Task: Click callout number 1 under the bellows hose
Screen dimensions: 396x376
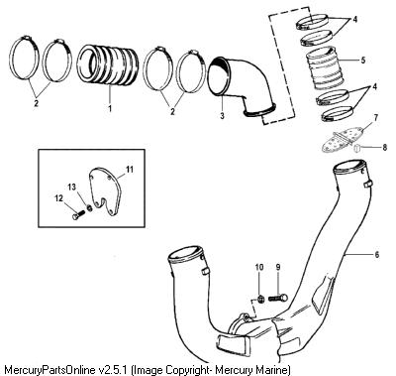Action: pyautogui.click(x=110, y=108)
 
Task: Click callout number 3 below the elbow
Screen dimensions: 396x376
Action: pyautogui.click(x=222, y=115)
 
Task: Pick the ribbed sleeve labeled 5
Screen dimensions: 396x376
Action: pyautogui.click(x=323, y=68)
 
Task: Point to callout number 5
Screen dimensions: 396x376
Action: pyautogui.click(x=363, y=61)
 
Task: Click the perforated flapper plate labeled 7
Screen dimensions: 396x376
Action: pyautogui.click(x=341, y=140)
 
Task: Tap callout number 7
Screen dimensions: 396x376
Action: pyautogui.click(x=376, y=118)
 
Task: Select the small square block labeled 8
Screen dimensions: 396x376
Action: pyautogui.click(x=358, y=148)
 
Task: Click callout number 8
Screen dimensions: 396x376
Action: pyautogui.click(x=385, y=147)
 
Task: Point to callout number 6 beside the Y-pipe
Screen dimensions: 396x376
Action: pyautogui.click(x=376, y=255)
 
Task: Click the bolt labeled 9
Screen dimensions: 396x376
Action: pyautogui.click(x=278, y=298)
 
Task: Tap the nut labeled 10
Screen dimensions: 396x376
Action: pyautogui.click(x=260, y=299)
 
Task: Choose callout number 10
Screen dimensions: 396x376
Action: pyautogui.click(x=259, y=267)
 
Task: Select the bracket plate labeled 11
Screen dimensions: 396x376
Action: pyautogui.click(x=105, y=190)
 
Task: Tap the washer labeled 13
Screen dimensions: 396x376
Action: pyautogui.click(x=89, y=208)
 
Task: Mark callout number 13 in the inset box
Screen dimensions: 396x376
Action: pyautogui.click(x=72, y=188)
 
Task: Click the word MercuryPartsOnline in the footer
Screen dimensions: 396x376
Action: pyautogui.click(x=50, y=369)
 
